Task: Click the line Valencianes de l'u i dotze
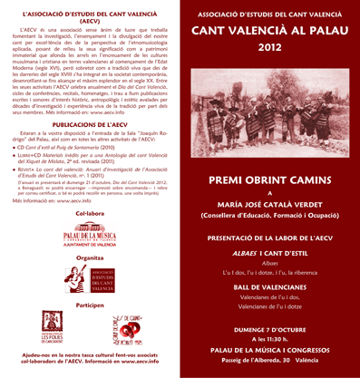(268, 306)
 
